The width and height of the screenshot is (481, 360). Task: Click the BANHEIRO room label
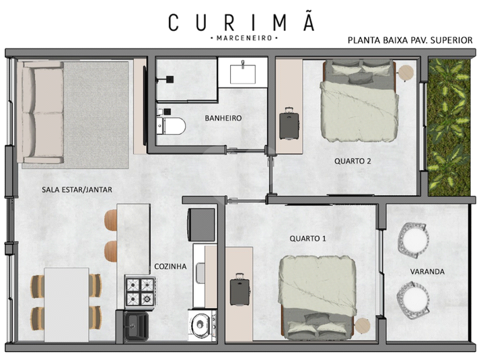click(223, 118)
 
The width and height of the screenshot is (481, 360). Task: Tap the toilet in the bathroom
click(171, 126)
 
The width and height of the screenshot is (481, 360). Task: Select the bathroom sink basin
click(243, 73)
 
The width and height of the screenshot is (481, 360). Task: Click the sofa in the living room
click(40, 112)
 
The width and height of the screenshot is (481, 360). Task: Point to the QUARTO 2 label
click(353, 161)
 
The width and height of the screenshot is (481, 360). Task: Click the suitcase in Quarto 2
click(289, 123)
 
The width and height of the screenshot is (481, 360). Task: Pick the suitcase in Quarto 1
click(240, 289)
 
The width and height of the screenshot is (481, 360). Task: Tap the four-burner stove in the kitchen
click(140, 291)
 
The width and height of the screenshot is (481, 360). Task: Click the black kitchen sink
click(136, 326)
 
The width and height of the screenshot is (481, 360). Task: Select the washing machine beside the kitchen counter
click(202, 325)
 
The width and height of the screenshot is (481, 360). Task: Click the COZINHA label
click(170, 266)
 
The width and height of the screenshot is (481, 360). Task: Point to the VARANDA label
click(427, 272)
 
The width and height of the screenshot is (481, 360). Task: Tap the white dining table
click(67, 304)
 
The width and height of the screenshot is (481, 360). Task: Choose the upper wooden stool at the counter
click(111, 220)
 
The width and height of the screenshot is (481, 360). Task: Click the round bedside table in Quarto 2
click(406, 72)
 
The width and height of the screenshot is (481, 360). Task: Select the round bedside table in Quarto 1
click(363, 326)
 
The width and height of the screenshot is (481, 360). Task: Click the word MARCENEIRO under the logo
click(244, 38)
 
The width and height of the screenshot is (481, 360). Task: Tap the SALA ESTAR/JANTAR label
click(77, 190)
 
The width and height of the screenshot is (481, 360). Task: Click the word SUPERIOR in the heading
click(451, 40)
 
